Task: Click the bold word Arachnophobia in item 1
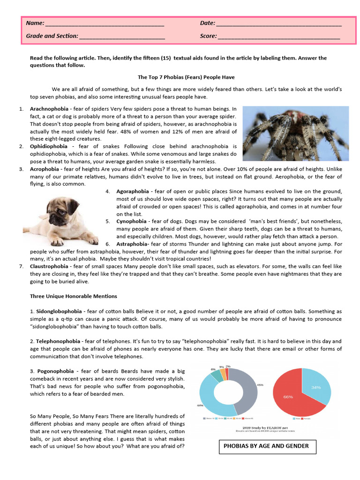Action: pyautogui.click(x=51, y=109)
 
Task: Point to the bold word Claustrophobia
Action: pyautogui.click(x=52, y=266)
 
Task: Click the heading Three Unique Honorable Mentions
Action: pyautogui.click(x=74, y=296)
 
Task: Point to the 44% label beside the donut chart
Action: pyautogui.click(x=200, y=405)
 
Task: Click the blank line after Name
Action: pyautogui.click(x=104, y=23)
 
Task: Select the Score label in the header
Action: pyautogui.click(x=208, y=36)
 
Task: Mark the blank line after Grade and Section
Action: pyautogui.click(x=122, y=36)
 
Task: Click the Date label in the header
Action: pyautogui.click(x=207, y=23)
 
